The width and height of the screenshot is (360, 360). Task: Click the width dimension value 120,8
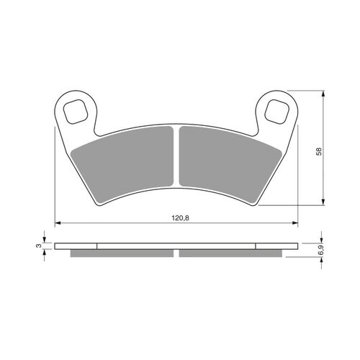[x=177, y=215]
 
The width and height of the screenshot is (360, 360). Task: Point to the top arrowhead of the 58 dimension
[x=321, y=94]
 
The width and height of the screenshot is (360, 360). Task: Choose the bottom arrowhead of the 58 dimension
[x=321, y=204]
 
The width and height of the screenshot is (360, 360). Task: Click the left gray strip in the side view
[x=122, y=253]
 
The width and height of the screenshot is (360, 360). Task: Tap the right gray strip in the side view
[x=230, y=253]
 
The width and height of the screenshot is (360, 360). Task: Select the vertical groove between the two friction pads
[x=176, y=162]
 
